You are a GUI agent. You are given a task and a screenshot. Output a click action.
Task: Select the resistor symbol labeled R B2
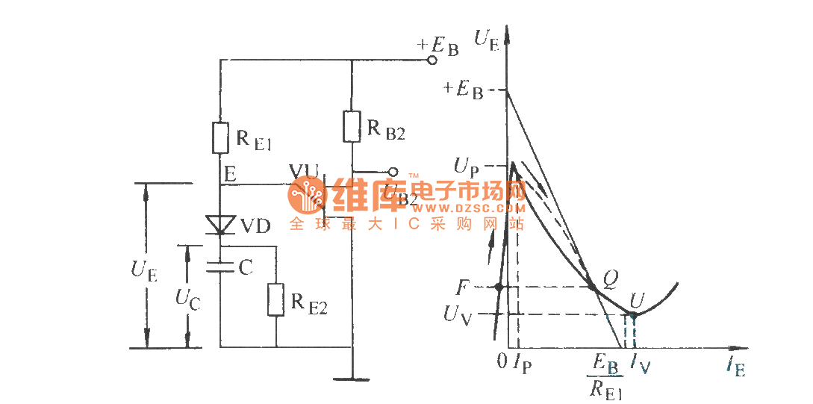tap(352, 125)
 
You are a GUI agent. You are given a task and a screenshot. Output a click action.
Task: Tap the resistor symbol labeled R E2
tap(275, 299)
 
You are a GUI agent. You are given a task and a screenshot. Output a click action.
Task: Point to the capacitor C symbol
tap(221, 267)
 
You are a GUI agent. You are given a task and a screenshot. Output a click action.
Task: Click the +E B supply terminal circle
tap(431, 60)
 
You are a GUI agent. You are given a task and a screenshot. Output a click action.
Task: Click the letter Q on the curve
tap(610, 279)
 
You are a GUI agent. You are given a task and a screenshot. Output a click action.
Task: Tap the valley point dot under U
tap(633, 314)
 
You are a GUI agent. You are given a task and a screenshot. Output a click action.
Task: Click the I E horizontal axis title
tap(735, 367)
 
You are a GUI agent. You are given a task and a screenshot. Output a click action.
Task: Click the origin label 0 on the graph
tap(502, 361)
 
